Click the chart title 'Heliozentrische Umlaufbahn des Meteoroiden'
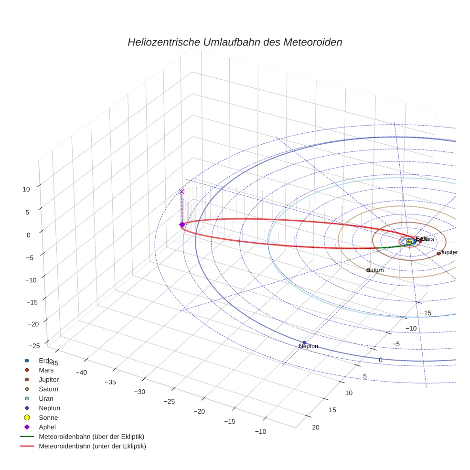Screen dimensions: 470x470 click(x=235, y=42)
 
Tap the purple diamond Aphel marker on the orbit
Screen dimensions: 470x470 click(x=182, y=224)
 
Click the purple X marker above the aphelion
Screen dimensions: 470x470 click(x=182, y=192)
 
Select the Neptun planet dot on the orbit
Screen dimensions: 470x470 click(x=304, y=342)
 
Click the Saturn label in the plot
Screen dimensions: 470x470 click(x=375, y=270)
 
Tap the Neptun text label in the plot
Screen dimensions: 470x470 click(x=308, y=346)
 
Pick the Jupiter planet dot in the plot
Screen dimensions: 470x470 click(x=438, y=253)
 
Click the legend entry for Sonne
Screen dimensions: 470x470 click(x=48, y=417)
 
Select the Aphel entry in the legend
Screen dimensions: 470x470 click(x=47, y=427)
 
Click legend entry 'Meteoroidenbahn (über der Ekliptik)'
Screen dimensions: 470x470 click(x=91, y=437)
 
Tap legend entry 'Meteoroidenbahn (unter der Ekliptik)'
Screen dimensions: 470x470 click(x=92, y=446)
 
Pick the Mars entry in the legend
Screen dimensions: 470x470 click(x=46, y=370)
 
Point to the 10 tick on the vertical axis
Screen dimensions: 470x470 click(x=26, y=189)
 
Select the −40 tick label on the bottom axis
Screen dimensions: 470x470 click(x=81, y=373)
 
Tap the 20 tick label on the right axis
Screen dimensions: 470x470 click(x=316, y=427)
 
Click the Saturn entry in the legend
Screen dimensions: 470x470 click(x=48, y=389)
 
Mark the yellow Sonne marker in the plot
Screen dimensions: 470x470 click(x=408, y=242)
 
